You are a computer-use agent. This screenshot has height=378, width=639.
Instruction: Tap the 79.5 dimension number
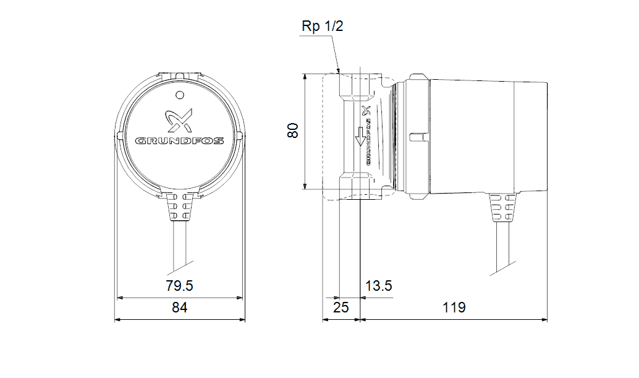click(179, 286)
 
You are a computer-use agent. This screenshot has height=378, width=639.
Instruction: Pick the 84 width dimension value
click(179, 307)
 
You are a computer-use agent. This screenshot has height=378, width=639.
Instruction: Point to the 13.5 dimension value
click(378, 286)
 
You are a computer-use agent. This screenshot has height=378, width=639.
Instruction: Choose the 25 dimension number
click(341, 307)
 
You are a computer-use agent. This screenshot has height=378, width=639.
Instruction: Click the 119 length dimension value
click(454, 307)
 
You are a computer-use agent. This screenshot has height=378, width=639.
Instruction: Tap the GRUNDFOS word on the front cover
click(180, 140)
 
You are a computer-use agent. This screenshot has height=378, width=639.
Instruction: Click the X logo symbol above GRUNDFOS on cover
click(180, 120)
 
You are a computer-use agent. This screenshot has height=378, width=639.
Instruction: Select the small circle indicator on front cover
click(180, 95)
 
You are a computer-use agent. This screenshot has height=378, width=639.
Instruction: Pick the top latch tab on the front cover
click(180, 75)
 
